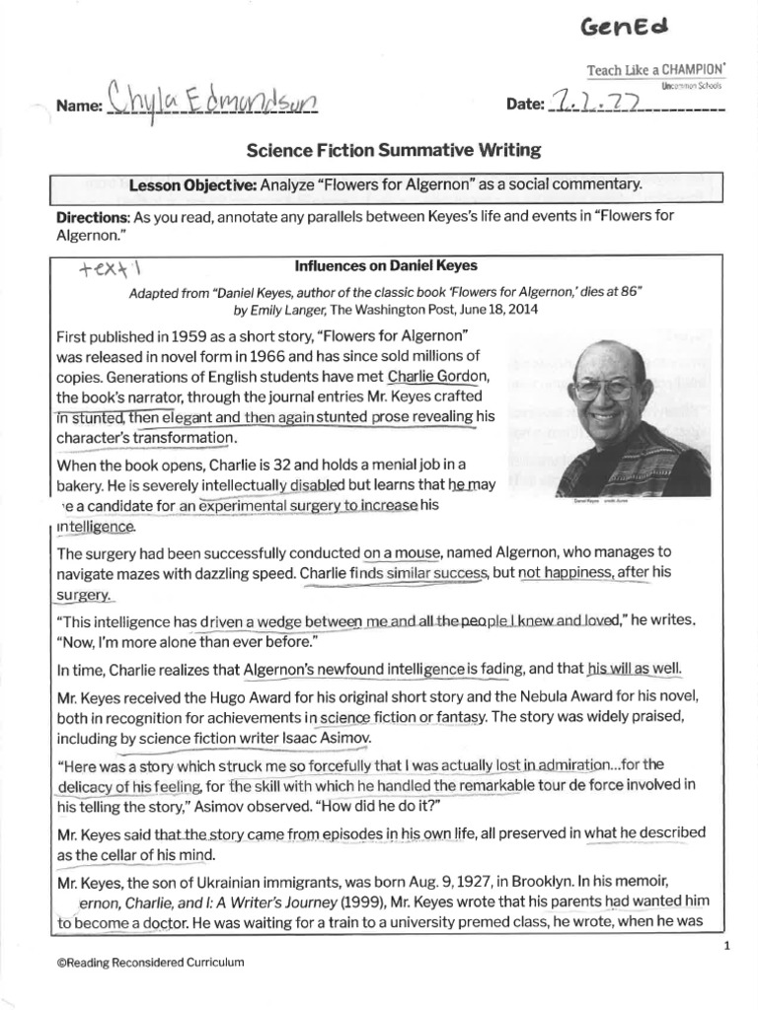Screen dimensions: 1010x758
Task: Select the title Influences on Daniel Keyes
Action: click(378, 264)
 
